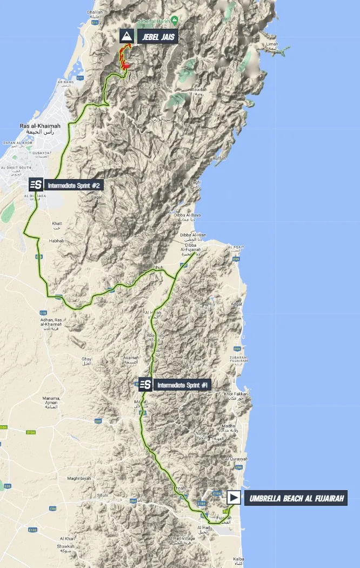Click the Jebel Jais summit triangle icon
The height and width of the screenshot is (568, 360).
coord(126,36)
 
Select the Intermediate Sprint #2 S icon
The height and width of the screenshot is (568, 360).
coord(36,185)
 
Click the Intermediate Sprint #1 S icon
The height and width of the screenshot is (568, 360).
coord(145,385)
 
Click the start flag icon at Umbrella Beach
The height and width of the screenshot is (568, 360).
coord(234,498)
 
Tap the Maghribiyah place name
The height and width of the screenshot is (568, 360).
coord(80,478)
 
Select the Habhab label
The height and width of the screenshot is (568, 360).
coord(57,241)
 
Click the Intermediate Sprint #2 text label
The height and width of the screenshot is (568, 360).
coord(74,185)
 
